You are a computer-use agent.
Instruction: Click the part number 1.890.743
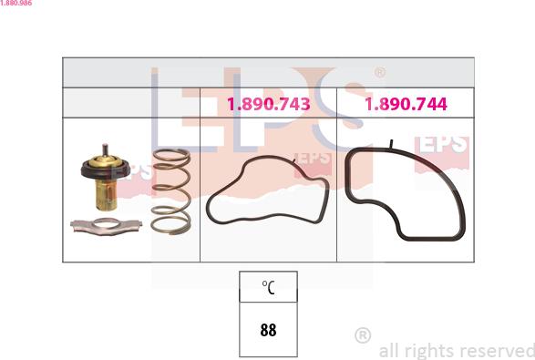pos(268,105)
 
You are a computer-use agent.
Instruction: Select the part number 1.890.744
pos(406,105)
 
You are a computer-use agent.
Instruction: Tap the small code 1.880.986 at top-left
pos(17,4)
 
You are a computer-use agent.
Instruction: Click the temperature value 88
pos(268,331)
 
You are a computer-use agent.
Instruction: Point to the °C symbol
pos(268,287)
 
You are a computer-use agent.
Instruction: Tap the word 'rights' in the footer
pos(427,350)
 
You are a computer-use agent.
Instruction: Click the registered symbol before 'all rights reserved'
pos(363,335)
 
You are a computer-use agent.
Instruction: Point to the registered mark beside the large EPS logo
pos(380,72)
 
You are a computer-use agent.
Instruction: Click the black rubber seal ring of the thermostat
pos(104,170)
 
